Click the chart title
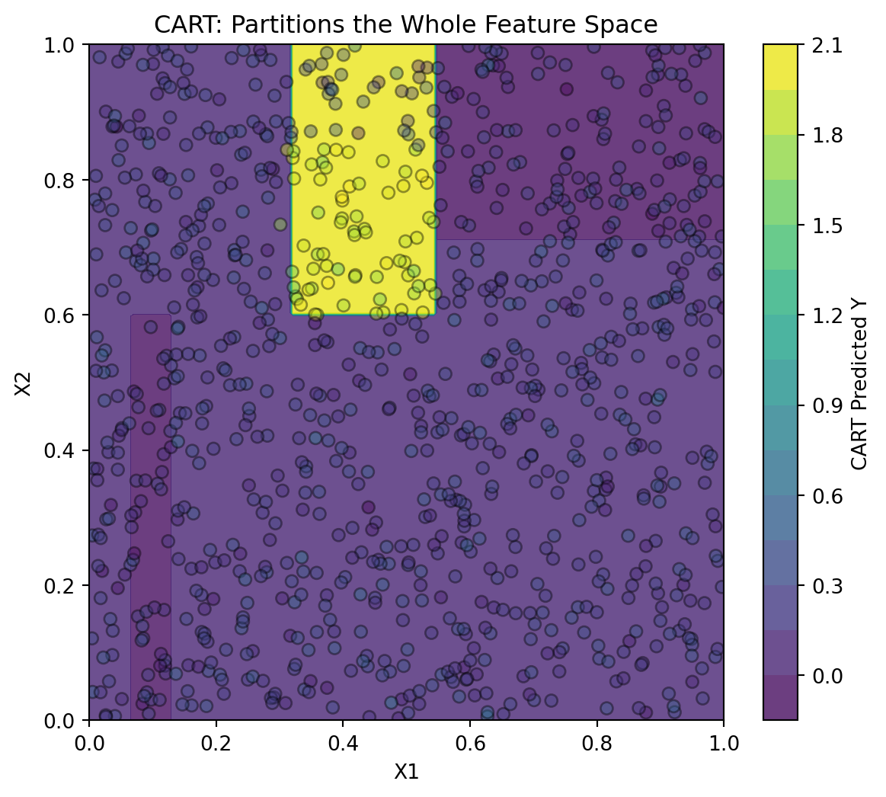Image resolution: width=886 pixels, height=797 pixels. click(406, 24)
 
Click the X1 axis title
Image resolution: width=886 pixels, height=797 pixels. click(406, 771)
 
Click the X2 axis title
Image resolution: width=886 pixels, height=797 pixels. click(23, 382)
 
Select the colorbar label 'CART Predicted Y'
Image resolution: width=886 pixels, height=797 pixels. click(859, 382)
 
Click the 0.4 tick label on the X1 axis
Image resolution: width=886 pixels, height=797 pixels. click(343, 743)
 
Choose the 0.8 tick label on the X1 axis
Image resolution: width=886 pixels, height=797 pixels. click(597, 743)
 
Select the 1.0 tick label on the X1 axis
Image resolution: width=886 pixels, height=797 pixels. click(724, 743)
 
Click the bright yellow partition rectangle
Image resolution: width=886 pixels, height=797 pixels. click(363, 179)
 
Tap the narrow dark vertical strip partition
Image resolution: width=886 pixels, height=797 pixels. click(151, 517)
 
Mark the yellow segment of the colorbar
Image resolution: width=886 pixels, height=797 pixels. click(780, 67)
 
